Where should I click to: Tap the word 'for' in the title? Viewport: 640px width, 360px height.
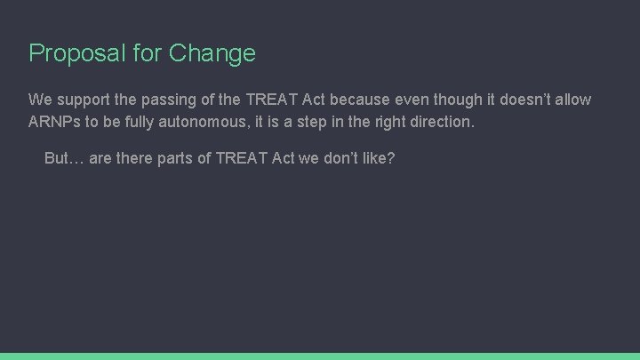click(x=148, y=53)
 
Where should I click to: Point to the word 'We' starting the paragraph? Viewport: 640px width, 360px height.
click(x=40, y=99)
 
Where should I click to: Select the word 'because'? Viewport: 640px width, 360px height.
click(x=357, y=99)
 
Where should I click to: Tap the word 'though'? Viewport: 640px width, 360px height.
click(x=453, y=100)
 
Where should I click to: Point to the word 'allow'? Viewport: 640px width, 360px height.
click(x=572, y=99)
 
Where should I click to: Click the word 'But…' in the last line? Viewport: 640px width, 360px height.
click(x=64, y=158)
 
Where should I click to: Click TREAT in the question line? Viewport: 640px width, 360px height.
click(x=243, y=158)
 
